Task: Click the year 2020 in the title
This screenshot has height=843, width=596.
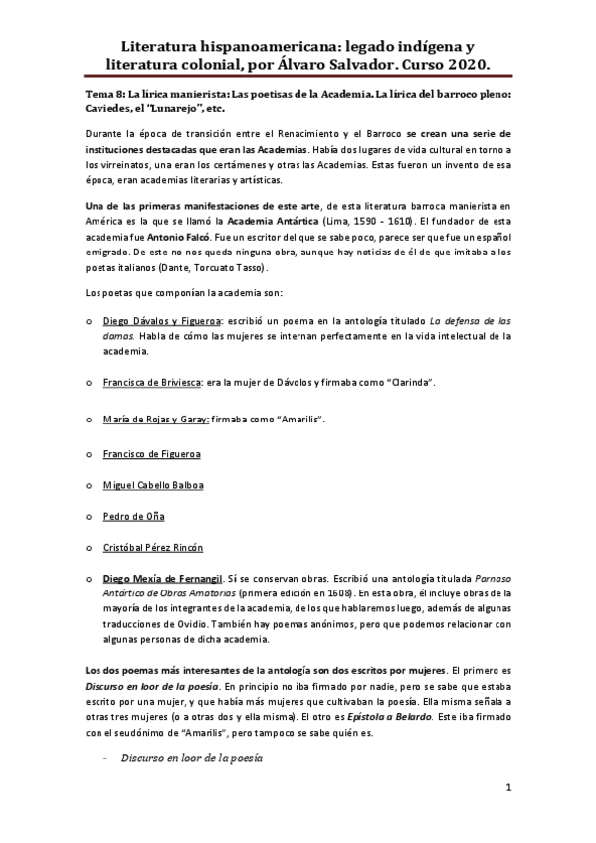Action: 464,65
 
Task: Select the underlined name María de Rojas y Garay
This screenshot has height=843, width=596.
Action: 155,419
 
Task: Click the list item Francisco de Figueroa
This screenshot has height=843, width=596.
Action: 151,454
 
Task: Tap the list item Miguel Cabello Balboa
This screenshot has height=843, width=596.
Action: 153,485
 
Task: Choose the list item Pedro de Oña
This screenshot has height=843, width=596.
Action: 134,516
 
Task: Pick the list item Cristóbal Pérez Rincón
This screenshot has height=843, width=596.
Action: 153,547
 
